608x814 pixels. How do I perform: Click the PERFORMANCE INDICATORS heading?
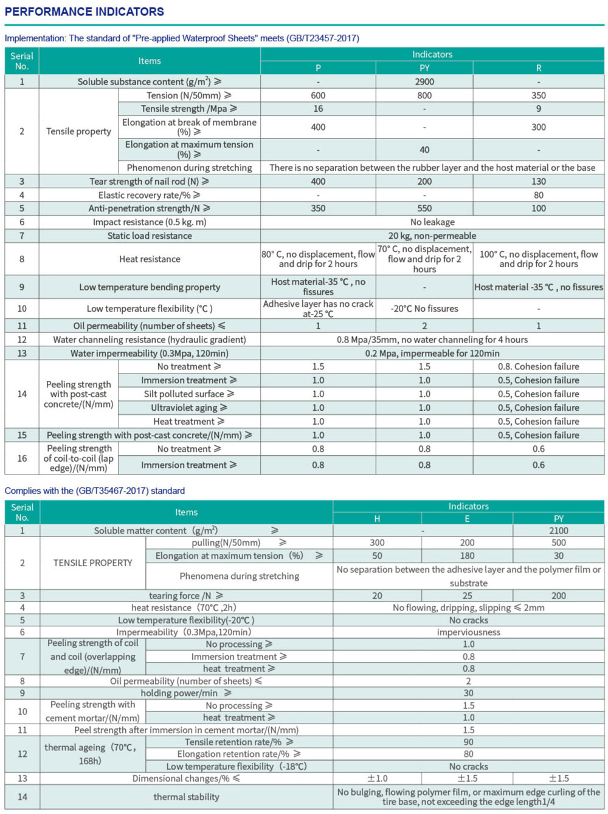[x=84, y=12]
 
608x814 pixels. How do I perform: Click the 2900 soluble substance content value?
[x=424, y=81]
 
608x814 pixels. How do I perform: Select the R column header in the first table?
[x=538, y=68]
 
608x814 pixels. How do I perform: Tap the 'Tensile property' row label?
[x=78, y=131]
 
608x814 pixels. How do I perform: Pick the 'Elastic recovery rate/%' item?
[x=149, y=195]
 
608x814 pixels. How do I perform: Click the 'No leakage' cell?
[x=432, y=222]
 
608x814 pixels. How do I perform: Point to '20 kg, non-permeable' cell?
[x=432, y=236]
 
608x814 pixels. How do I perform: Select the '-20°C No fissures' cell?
[x=424, y=309]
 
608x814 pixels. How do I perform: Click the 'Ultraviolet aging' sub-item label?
[x=188, y=408]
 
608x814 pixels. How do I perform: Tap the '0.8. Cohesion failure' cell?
[x=538, y=366]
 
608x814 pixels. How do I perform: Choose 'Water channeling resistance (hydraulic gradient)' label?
[x=149, y=340]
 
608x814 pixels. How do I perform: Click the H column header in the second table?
[x=377, y=519]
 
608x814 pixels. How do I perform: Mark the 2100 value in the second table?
[x=558, y=530]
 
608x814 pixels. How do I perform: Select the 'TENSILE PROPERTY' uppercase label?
[x=92, y=563]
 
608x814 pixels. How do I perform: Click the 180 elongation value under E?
[x=467, y=556]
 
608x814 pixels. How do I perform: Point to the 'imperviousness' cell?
[x=468, y=632]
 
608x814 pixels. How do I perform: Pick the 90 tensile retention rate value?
[x=468, y=742]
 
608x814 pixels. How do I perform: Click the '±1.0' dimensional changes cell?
[x=377, y=778]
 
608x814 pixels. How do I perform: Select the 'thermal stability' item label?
[x=186, y=797]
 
